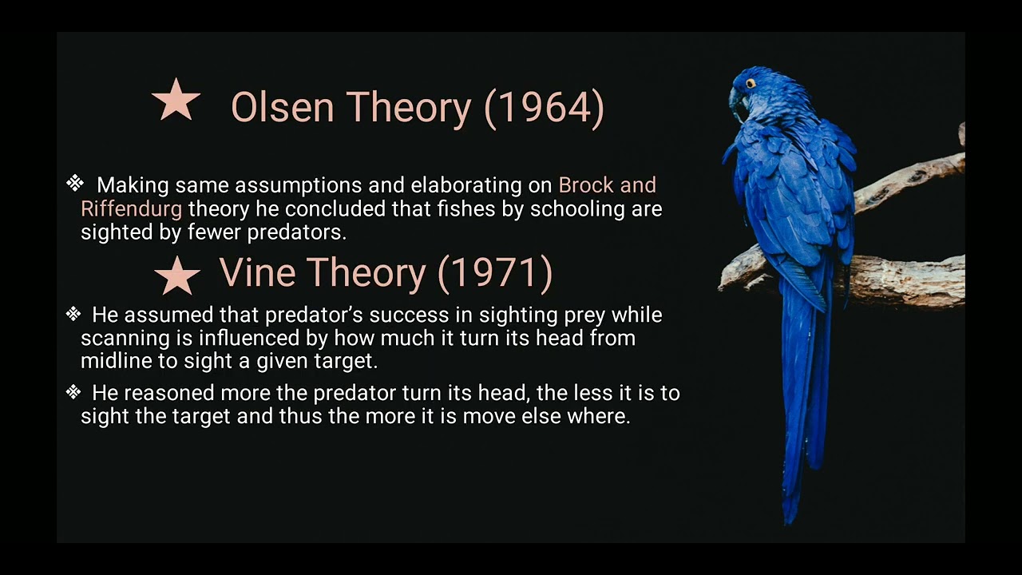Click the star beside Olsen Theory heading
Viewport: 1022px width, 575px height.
tap(176, 101)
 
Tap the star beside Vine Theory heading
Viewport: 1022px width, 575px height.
tap(177, 276)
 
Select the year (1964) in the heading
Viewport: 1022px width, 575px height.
tap(545, 107)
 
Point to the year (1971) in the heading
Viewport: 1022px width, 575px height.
tap(495, 273)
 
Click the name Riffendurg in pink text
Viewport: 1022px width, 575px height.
tap(131, 209)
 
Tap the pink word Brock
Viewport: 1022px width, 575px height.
tap(585, 185)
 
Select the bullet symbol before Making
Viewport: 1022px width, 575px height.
tap(74, 184)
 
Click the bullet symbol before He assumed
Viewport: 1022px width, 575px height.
tap(73, 314)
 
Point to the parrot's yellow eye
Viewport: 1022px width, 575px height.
tap(751, 83)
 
